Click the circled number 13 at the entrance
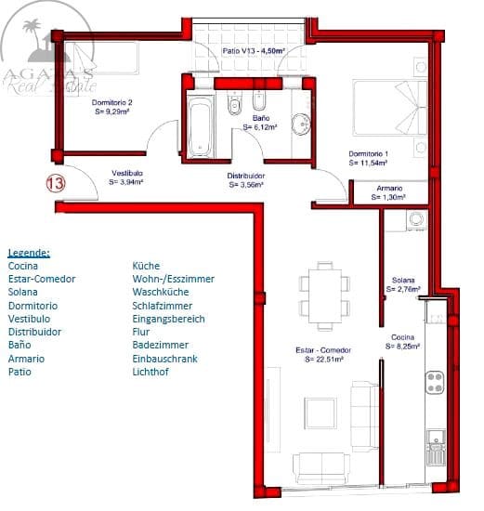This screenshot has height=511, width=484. pyautogui.click(x=56, y=183)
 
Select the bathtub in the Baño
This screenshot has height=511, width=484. pyautogui.click(x=198, y=126)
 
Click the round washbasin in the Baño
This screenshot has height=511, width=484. pyautogui.click(x=299, y=125)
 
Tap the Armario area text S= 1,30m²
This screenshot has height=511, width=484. pyautogui.click(x=390, y=197)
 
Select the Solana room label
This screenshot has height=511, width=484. pyautogui.click(x=402, y=281)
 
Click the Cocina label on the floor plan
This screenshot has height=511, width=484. pyautogui.click(x=402, y=336)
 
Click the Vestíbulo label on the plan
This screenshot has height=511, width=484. pyautogui.click(x=126, y=174)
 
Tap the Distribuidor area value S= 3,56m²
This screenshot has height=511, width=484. pyautogui.click(x=247, y=185)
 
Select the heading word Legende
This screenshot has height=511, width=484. pyautogui.click(x=29, y=252)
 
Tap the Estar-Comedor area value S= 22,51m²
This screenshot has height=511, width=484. pyautogui.click(x=323, y=359)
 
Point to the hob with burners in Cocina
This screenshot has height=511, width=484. pyautogui.click(x=434, y=382)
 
